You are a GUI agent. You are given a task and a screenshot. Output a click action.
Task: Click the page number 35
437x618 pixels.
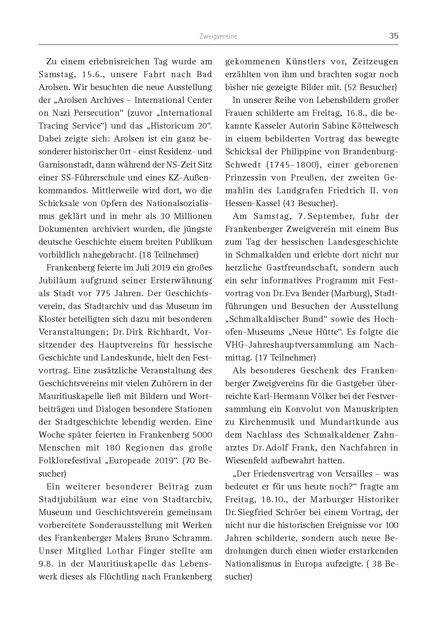(x=393, y=36)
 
